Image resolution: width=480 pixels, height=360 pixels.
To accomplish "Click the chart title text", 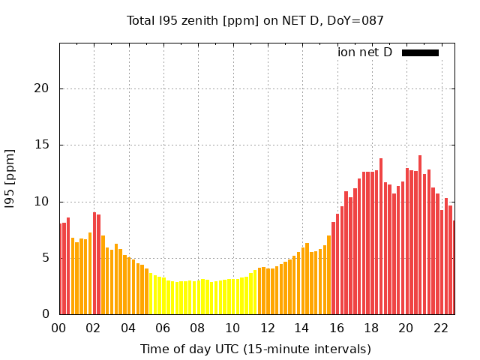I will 255,20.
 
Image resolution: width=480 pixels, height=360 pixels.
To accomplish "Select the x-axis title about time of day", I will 255,349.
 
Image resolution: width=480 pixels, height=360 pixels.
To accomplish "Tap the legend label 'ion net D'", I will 364,52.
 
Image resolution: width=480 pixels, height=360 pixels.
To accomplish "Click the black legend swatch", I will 420,52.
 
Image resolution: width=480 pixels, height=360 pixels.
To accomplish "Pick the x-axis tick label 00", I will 59,328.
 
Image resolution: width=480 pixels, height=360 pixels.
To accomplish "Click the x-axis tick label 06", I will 163,328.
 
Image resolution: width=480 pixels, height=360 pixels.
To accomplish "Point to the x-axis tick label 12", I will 267,328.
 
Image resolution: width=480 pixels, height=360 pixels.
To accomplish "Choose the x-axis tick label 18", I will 371,328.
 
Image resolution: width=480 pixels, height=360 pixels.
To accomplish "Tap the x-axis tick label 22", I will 440,328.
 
